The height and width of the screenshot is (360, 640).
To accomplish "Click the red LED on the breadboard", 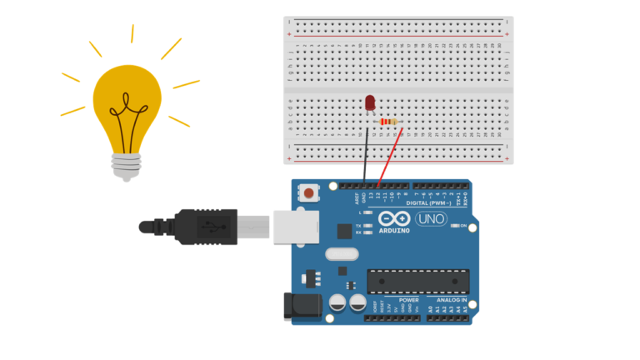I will pos(370,103).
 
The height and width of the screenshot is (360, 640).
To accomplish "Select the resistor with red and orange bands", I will pos(388,122).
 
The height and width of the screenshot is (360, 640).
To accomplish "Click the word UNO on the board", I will pos(431,219).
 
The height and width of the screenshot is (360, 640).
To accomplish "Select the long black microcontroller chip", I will pos(417,282).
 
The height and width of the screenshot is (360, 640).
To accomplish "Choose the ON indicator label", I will pos(463,225).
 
